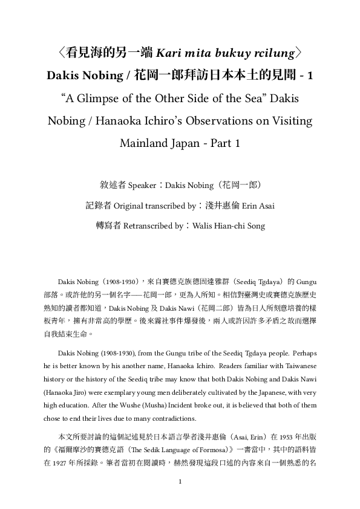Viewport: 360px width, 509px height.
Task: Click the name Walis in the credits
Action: coord(203,226)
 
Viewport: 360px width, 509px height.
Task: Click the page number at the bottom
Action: coord(180,499)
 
